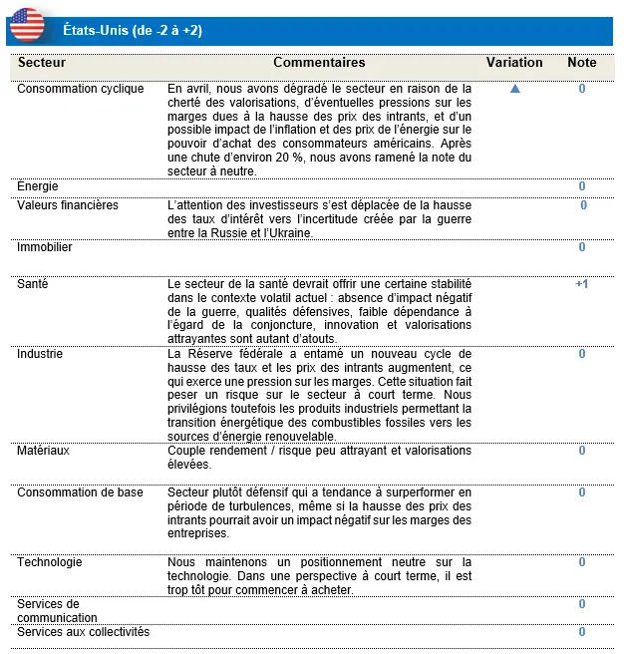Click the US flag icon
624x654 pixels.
pyautogui.click(x=27, y=24)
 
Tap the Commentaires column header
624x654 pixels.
pyautogui.click(x=319, y=62)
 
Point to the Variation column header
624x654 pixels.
pyautogui.click(x=514, y=62)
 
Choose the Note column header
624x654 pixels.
pyautogui.click(x=582, y=62)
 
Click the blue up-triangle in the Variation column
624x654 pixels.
pyautogui.click(x=515, y=89)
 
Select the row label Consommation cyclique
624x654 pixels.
pyautogui.click(x=81, y=89)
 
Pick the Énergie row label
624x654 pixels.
pyautogui.click(x=38, y=185)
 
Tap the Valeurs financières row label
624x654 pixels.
pyautogui.click(x=68, y=205)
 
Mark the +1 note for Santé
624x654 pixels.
pyautogui.click(x=582, y=284)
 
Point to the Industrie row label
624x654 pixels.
pyautogui.click(x=40, y=354)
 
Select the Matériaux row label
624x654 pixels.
pyautogui.click(x=44, y=451)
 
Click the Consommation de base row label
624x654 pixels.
pyautogui.click(x=80, y=492)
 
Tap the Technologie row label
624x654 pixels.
pyautogui.click(x=49, y=562)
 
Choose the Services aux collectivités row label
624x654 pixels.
pyautogui.click(x=83, y=631)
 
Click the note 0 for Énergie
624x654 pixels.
pyautogui.click(x=582, y=186)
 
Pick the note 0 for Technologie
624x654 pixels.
pyautogui.click(x=582, y=562)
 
